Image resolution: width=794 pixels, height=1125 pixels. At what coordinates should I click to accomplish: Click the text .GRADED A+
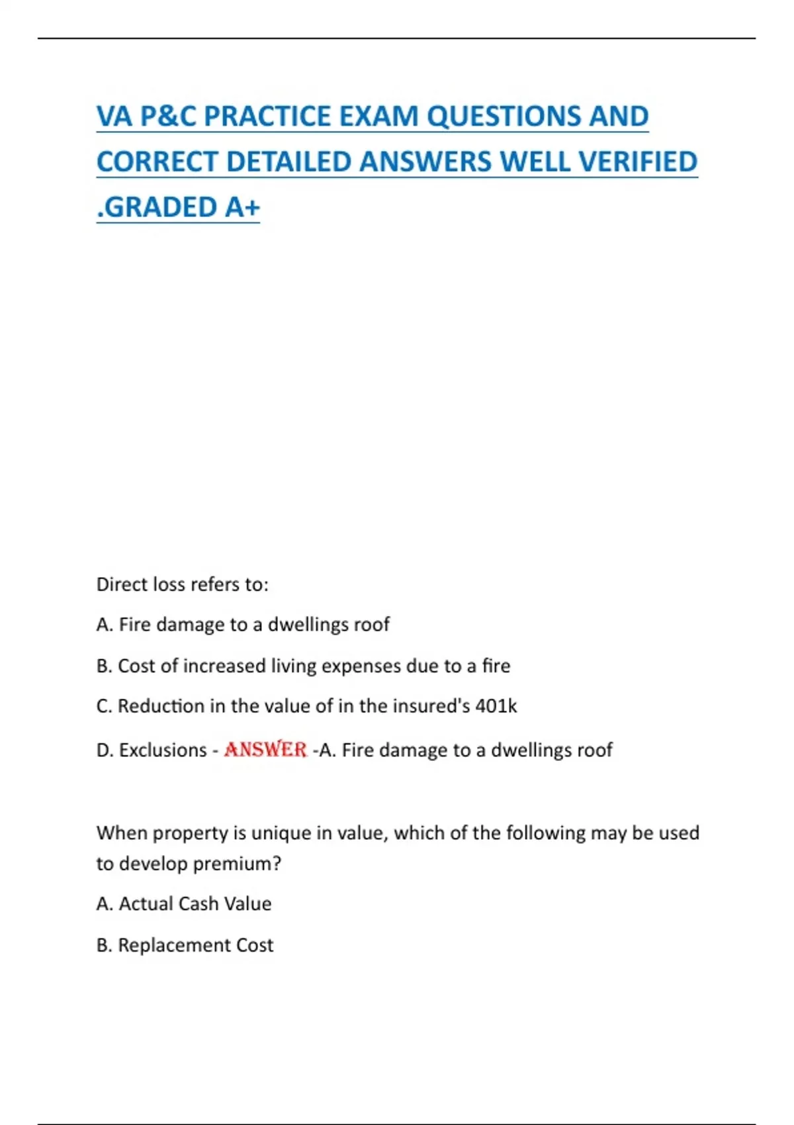pyautogui.click(x=178, y=207)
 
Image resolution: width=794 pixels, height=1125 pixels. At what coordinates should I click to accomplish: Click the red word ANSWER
pyautogui.click(x=265, y=750)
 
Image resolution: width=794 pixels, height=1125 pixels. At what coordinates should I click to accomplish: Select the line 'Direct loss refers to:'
pyautogui.click(x=183, y=584)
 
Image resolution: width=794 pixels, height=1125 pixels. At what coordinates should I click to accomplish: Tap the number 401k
pyautogui.click(x=496, y=706)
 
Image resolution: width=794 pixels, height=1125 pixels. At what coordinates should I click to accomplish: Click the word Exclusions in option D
pyautogui.click(x=163, y=750)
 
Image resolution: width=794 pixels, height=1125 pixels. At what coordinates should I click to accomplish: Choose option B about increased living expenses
pyautogui.click(x=303, y=666)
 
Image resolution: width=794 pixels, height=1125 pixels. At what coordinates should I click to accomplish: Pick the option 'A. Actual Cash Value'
pyautogui.click(x=184, y=904)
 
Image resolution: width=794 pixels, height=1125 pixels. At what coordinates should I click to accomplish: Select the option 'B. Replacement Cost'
pyautogui.click(x=185, y=945)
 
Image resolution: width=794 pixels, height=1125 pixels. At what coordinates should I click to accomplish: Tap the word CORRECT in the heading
pyautogui.click(x=157, y=162)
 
